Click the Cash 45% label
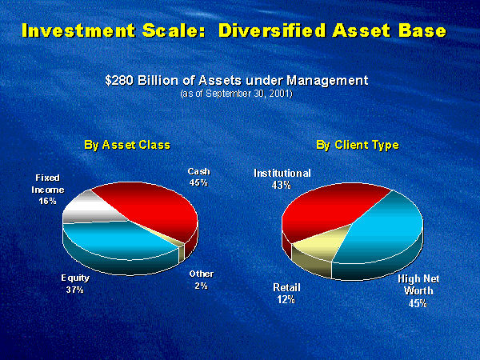click(x=199, y=177)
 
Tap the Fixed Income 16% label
click(x=48, y=189)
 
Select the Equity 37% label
click(x=75, y=284)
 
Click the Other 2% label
click(x=201, y=280)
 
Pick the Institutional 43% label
click(x=282, y=178)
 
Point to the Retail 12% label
click(x=286, y=294)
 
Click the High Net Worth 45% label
click(x=418, y=291)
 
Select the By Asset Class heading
click(x=127, y=145)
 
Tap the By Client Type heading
click(x=358, y=145)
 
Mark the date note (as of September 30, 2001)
click(x=237, y=94)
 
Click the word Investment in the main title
click(x=78, y=30)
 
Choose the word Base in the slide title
click(x=421, y=30)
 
